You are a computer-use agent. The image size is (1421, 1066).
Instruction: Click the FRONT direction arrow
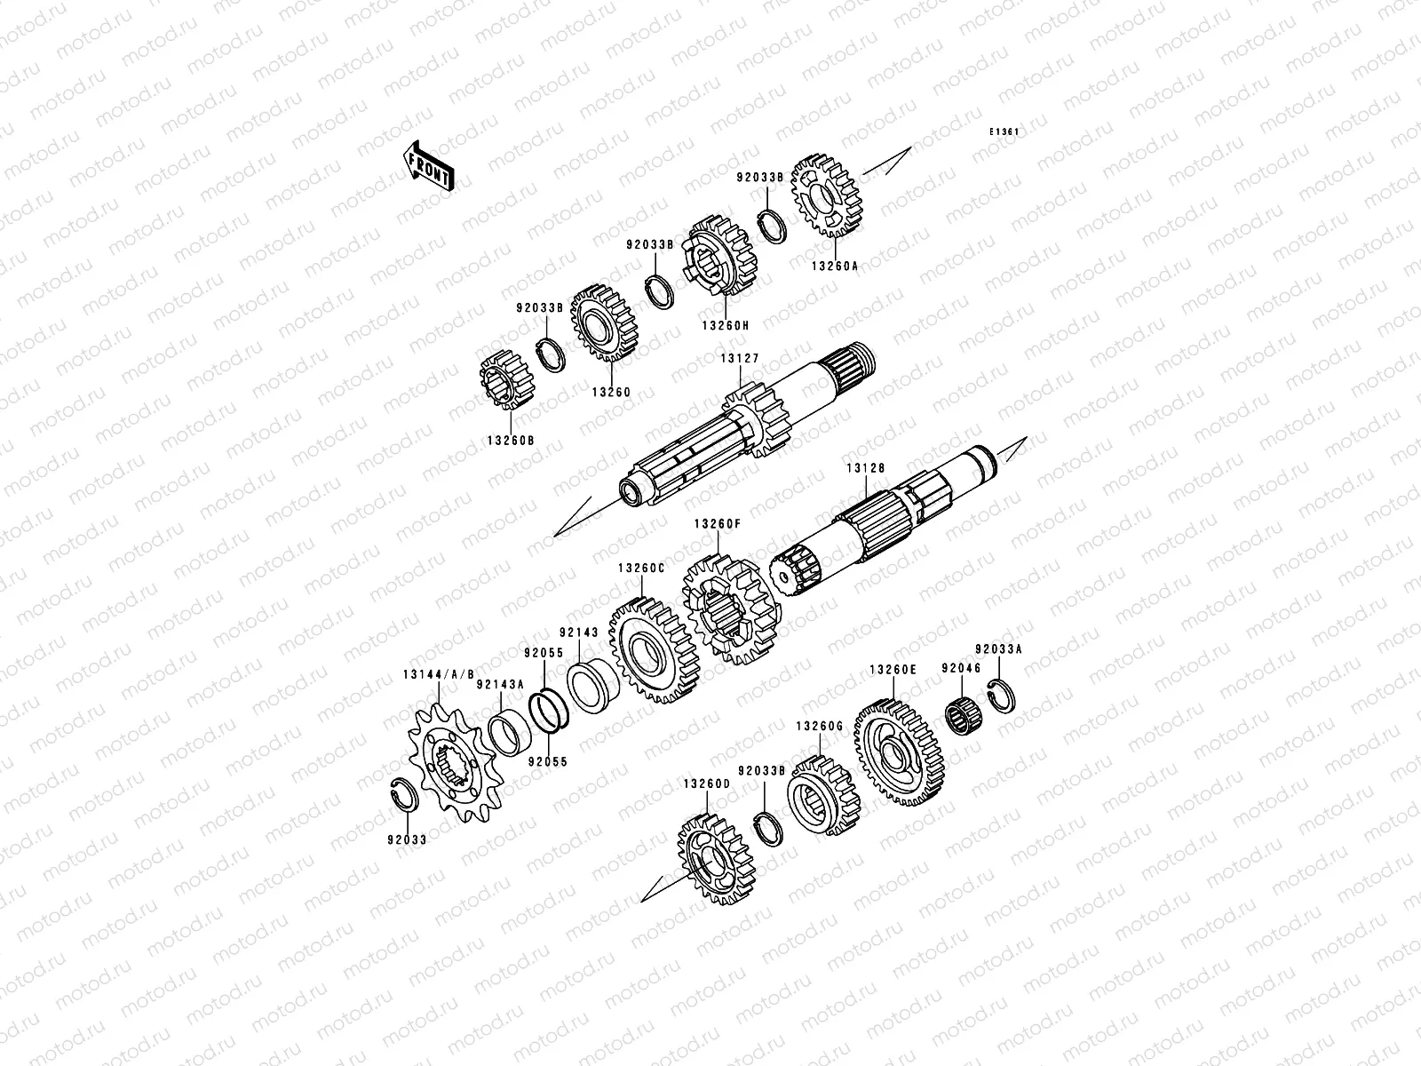point(428,166)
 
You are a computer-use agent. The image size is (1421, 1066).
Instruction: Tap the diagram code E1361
point(1004,132)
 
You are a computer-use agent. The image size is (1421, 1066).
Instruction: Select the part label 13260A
point(835,266)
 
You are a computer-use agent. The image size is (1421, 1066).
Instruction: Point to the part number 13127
point(740,358)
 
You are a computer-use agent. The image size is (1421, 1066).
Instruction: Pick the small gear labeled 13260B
point(507,380)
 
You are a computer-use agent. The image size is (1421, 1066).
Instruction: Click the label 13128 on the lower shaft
point(866,468)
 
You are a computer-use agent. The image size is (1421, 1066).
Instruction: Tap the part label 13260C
point(641,569)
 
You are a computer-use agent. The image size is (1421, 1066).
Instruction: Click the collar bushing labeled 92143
point(592,686)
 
